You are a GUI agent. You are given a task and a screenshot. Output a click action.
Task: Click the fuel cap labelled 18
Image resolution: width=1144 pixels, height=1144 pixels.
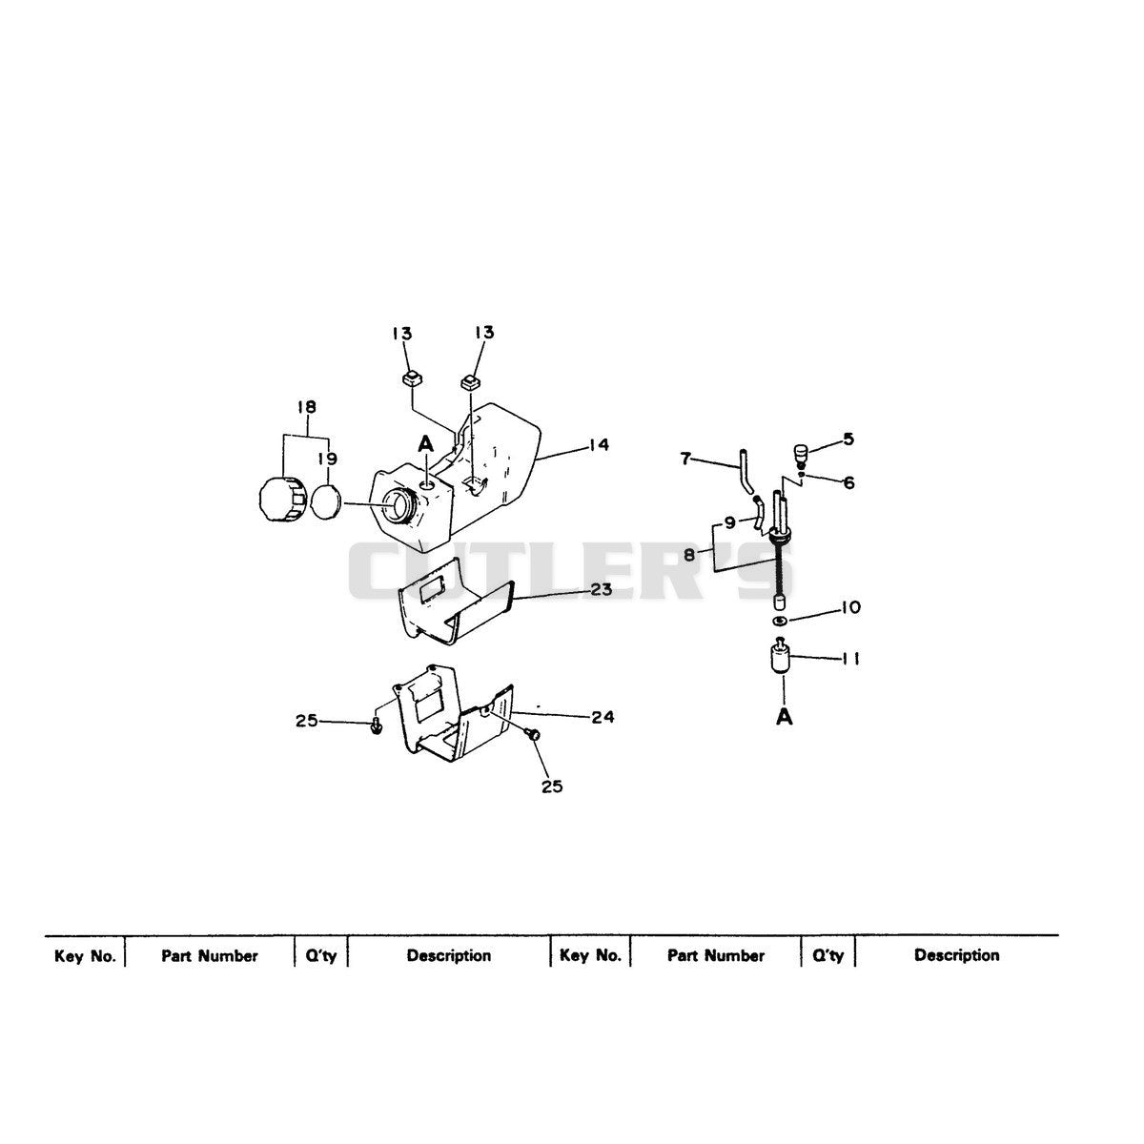tap(282, 500)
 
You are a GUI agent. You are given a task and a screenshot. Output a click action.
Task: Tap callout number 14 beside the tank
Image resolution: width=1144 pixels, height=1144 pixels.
tap(599, 444)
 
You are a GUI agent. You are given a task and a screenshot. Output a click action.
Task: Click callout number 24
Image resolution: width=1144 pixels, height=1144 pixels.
tap(602, 717)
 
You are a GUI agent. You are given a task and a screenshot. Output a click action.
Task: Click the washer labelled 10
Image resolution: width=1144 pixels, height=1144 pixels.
tap(780, 621)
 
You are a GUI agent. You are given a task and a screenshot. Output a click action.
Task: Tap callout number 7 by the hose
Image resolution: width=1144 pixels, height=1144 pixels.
tap(686, 459)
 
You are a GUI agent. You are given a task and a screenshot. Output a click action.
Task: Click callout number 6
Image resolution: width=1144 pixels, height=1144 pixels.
tap(849, 482)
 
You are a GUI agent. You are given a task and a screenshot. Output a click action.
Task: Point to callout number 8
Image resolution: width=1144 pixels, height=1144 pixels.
tap(688, 555)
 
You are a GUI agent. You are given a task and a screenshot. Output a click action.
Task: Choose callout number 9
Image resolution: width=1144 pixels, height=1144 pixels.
tap(730, 522)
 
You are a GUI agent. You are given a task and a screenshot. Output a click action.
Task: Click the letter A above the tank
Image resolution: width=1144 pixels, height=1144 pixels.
tap(425, 443)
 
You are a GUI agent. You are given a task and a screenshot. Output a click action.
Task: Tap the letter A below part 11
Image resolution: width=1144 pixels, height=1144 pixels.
tap(785, 717)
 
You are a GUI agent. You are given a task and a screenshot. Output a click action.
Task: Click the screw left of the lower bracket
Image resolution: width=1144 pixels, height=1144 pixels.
tap(376, 726)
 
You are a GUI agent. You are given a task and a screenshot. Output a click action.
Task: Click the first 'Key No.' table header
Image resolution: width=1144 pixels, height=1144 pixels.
tap(86, 956)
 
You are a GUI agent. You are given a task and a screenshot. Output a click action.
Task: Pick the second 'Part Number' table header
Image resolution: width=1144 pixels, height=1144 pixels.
tap(715, 955)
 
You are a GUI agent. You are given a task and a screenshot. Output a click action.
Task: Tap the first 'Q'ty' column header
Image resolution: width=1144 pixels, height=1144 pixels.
tap(321, 956)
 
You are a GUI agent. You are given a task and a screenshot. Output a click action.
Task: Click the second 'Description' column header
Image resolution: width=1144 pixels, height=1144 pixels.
tap(956, 954)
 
